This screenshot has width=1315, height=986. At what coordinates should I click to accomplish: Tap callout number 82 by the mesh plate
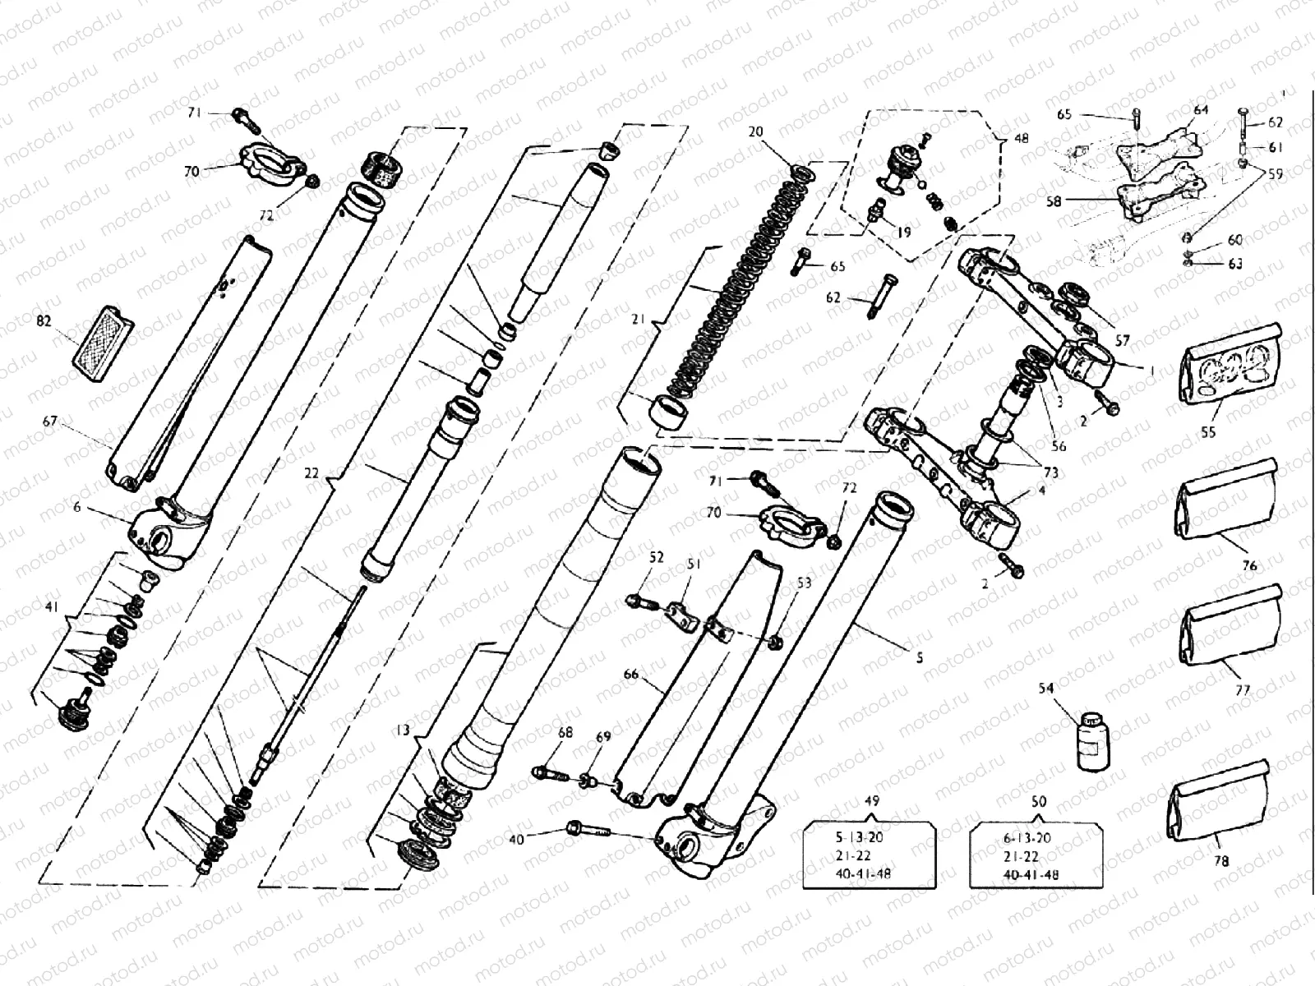click(x=44, y=321)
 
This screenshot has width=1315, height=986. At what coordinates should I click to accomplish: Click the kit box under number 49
click(x=870, y=855)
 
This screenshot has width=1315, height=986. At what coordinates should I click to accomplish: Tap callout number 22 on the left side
click(x=311, y=474)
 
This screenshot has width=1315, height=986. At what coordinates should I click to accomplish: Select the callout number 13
click(x=402, y=730)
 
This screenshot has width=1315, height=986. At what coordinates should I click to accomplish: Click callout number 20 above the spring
click(x=755, y=132)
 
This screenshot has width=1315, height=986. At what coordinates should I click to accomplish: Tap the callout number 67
click(x=50, y=421)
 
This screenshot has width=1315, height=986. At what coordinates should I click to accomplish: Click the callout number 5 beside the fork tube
click(x=920, y=657)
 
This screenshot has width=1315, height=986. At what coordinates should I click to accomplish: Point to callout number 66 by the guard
click(x=630, y=675)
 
